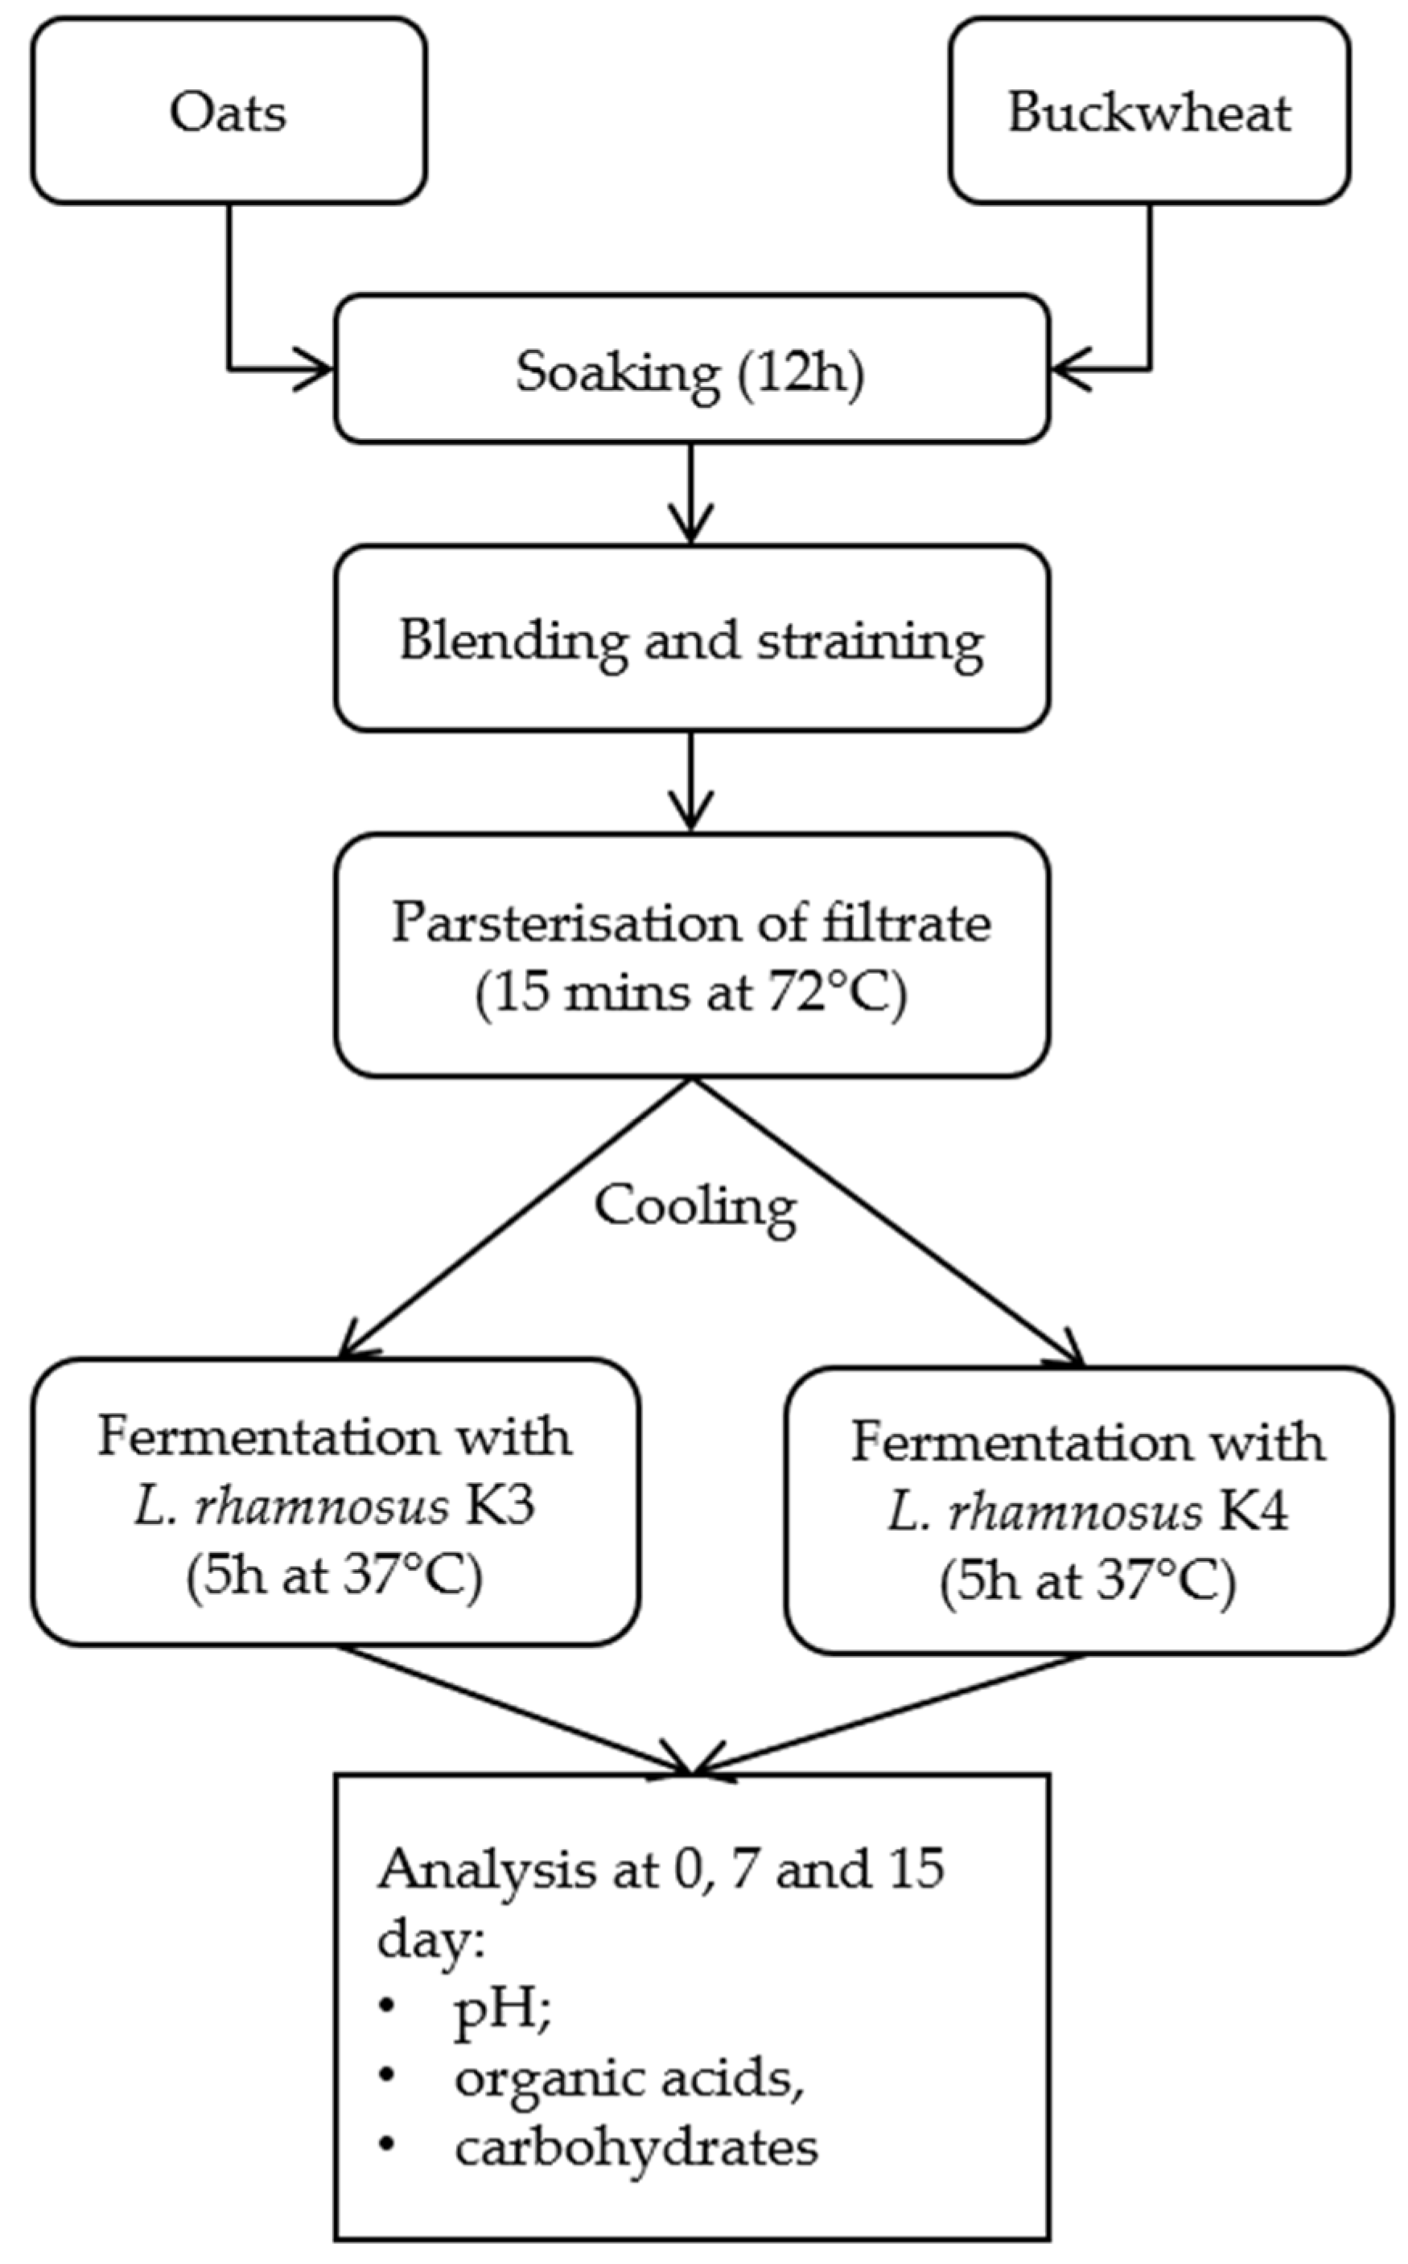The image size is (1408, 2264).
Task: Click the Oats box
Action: pyautogui.click(x=228, y=112)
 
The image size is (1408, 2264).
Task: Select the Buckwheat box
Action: pyautogui.click(x=1149, y=112)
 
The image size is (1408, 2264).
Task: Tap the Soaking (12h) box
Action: pyautogui.click(x=691, y=371)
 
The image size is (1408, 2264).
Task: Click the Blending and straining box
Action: pyautogui.click(x=691, y=640)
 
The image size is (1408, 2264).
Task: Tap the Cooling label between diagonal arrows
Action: pyautogui.click(x=694, y=1206)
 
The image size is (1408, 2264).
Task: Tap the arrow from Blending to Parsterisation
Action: pyautogui.click(x=690, y=782)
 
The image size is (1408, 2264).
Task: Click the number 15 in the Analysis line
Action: pyautogui.click(x=908, y=1868)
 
